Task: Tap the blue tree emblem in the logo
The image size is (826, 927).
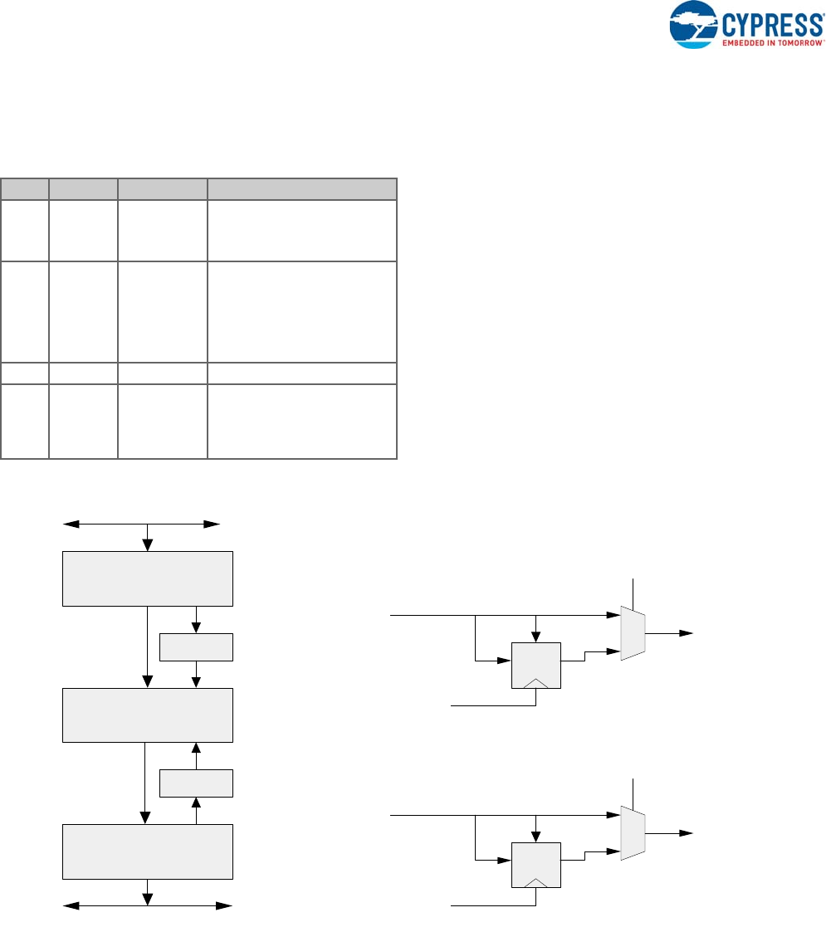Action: click(696, 22)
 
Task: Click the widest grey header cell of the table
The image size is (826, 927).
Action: click(301, 188)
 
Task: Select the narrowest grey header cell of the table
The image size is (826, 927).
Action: click(24, 188)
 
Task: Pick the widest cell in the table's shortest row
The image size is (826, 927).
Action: click(301, 373)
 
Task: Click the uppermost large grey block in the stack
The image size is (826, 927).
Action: click(148, 578)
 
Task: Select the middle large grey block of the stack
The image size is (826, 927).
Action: click(148, 715)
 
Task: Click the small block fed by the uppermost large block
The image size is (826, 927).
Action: click(196, 646)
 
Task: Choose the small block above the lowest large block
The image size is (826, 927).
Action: click(196, 783)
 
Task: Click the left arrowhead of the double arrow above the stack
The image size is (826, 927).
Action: click(68, 524)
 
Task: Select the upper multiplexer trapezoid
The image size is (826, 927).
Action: click(633, 633)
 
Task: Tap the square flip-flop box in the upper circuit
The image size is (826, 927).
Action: click(536, 664)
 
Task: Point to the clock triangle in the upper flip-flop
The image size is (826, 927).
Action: click(536, 682)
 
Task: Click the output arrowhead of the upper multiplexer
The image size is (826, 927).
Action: click(687, 633)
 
